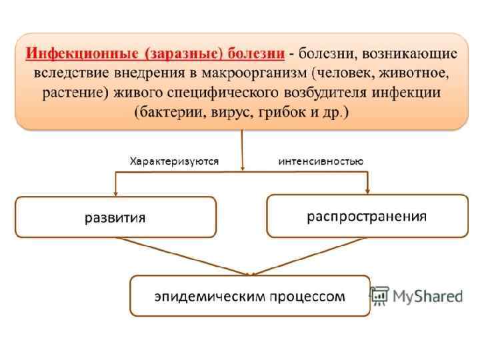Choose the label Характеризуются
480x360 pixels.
click(174, 161)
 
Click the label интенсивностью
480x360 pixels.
click(320, 161)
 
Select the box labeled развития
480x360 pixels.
click(115, 217)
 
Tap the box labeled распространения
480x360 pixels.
click(367, 216)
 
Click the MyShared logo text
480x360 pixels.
click(427, 295)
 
